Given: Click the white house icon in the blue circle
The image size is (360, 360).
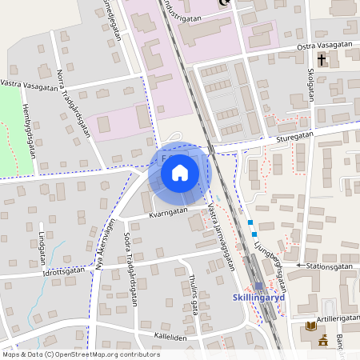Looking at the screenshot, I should click(180, 171).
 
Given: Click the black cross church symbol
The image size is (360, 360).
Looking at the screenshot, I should click(322, 59).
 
